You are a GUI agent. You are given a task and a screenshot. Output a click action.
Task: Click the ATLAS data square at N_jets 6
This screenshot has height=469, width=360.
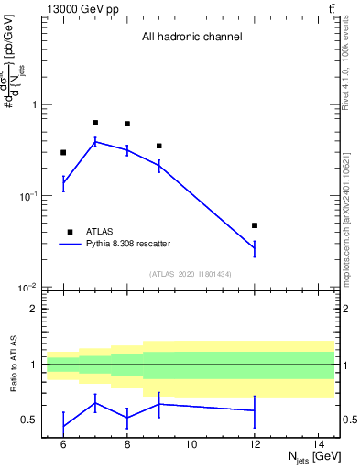(x=63, y=153)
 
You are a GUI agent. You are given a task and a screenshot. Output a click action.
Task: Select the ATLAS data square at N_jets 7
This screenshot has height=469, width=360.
(x=95, y=123)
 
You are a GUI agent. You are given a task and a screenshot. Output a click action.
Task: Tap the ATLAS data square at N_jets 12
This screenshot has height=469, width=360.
(x=255, y=225)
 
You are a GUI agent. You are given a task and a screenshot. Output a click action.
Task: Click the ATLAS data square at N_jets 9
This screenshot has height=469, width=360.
(x=159, y=146)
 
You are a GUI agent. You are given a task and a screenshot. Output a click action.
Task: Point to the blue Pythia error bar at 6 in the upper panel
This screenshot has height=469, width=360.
(x=63, y=183)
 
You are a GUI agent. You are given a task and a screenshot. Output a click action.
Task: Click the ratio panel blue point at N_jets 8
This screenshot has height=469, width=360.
(x=127, y=418)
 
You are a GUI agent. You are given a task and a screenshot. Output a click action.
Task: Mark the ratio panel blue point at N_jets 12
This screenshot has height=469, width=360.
(x=255, y=410)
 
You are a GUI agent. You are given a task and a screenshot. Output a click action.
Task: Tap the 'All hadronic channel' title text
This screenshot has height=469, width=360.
(x=191, y=38)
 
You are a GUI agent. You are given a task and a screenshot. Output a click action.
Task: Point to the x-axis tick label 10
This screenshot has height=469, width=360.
(x=191, y=444)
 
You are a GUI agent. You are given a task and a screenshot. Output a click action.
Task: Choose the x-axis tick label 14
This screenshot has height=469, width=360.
(x=319, y=444)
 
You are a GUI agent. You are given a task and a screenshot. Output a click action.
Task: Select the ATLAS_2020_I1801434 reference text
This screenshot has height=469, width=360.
(x=191, y=274)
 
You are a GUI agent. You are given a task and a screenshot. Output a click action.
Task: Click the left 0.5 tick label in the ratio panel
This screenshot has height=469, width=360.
(x=33, y=420)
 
